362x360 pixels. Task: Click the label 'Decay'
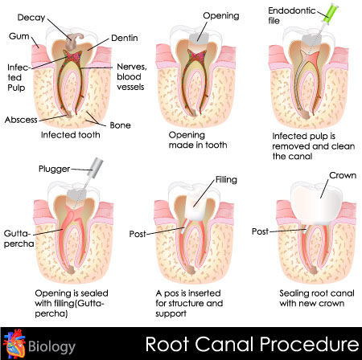[x=31, y=18]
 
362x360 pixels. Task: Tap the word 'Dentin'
[x=125, y=38]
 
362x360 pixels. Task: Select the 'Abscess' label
[x=21, y=120]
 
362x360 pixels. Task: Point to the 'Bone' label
[x=120, y=125]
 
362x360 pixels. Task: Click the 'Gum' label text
[x=19, y=36]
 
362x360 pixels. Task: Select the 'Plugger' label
[x=54, y=169]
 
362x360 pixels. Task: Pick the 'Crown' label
[x=343, y=175]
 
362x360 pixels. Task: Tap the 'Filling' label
[x=226, y=179]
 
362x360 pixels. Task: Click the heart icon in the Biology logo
[x=14, y=344]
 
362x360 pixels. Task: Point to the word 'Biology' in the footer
[x=51, y=346]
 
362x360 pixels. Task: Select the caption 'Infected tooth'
[x=71, y=135]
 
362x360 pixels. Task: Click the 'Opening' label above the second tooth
[x=221, y=16]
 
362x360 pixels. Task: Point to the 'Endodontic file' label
[x=292, y=15]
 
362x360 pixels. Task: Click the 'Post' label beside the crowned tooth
[x=260, y=231]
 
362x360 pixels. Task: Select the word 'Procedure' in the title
[x=309, y=344]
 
